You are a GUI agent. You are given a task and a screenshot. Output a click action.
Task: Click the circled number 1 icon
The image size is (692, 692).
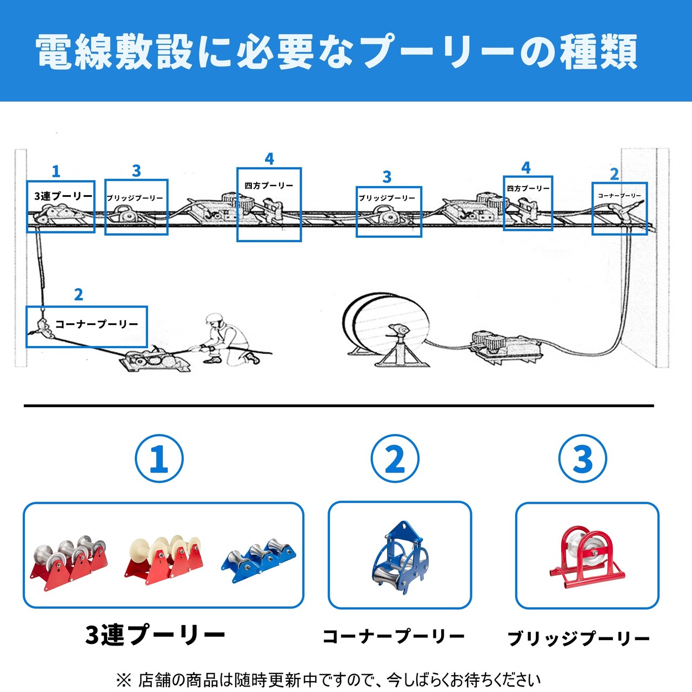click(x=159, y=459)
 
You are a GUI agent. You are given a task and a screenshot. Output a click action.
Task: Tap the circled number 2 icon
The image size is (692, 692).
click(x=395, y=459)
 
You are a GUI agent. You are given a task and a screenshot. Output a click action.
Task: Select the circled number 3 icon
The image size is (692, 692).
click(x=582, y=459)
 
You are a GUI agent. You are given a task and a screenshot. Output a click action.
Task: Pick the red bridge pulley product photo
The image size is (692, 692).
click(x=585, y=557)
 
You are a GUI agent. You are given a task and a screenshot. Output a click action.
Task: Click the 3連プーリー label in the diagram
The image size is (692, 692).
click(x=63, y=196)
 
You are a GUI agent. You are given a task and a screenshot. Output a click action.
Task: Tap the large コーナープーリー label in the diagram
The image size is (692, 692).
click(x=97, y=324)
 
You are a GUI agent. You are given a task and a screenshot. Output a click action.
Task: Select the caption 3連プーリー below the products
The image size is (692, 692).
click(x=155, y=635)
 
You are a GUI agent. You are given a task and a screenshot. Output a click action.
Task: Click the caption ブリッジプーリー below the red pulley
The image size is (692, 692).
click(x=578, y=638)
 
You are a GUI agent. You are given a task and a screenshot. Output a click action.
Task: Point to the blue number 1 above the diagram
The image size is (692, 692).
click(x=56, y=172)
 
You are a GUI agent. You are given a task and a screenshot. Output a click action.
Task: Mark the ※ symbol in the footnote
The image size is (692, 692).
click(x=123, y=680)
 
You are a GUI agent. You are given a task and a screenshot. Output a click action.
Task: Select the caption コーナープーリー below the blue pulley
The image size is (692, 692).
click(x=394, y=636)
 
